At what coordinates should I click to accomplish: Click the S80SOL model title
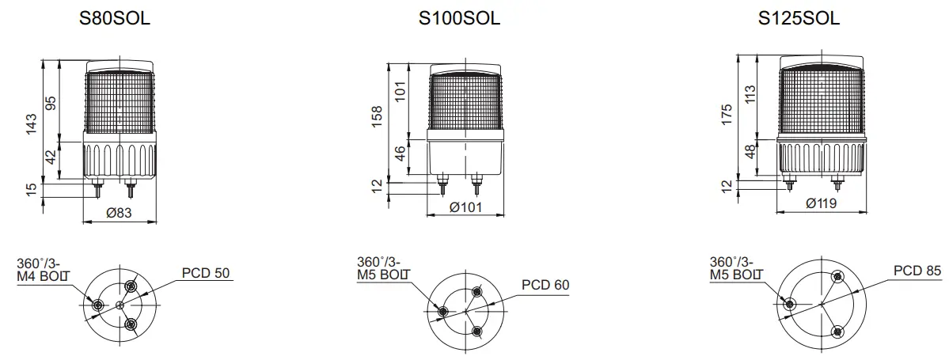[x=115, y=19]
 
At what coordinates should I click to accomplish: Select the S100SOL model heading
[x=459, y=19]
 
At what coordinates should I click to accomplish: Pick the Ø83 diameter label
[x=119, y=212]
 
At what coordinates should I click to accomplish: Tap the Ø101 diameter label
[x=465, y=207]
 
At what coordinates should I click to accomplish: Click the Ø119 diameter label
[x=822, y=203]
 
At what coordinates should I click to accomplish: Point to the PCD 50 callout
[x=205, y=273]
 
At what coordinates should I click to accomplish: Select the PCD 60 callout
[x=545, y=285]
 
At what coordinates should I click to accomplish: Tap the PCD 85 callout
[x=917, y=271]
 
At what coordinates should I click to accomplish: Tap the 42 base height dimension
[x=51, y=158]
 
